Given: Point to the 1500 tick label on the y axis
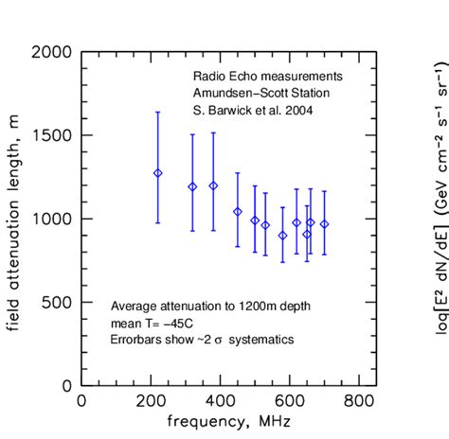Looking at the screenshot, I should pyautogui.click(x=52, y=135).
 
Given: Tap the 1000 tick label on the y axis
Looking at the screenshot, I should pyautogui.click(x=52, y=219).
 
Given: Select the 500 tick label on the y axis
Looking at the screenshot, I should pyautogui.click(x=58, y=302).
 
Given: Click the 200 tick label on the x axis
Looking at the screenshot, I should pyautogui.click(x=152, y=401).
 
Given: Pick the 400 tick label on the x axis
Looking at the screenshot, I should pyautogui.click(x=221, y=401).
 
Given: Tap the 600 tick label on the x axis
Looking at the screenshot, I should pyautogui.click(x=290, y=401).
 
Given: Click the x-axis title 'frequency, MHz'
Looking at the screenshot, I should pyautogui.click(x=220, y=421).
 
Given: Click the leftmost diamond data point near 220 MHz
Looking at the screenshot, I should pyautogui.click(x=158, y=173).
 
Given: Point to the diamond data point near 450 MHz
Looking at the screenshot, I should pyautogui.click(x=238, y=212).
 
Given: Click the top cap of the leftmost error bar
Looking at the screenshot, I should pyautogui.click(x=158, y=112).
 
